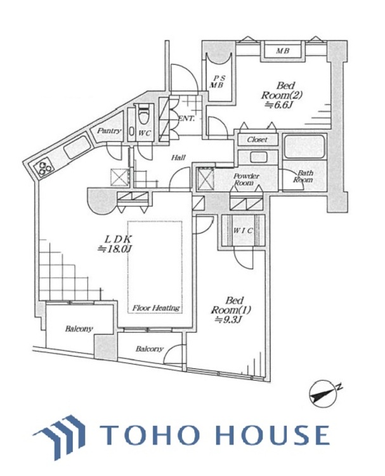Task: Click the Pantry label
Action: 108,131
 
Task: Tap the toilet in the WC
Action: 145,116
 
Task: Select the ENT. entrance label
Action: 186,119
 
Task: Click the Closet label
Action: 257,140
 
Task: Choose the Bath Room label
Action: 304,176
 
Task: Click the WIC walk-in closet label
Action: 243,230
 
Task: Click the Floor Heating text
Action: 156,308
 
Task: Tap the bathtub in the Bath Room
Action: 304,147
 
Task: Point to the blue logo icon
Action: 61,435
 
